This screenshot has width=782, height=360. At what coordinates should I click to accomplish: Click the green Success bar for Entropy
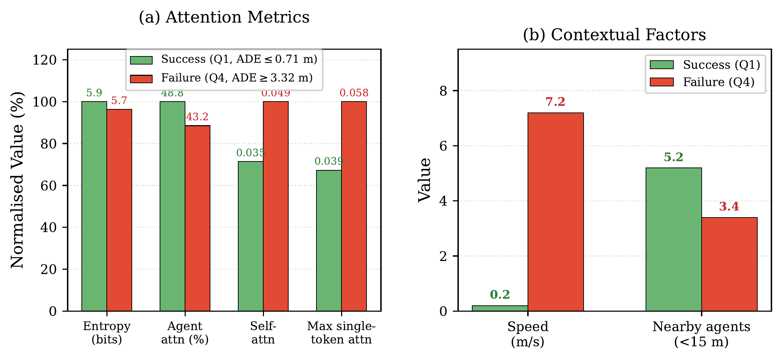(94, 206)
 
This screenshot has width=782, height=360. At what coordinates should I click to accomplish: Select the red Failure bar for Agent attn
(197, 218)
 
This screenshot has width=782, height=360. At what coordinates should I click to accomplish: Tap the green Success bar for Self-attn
(251, 236)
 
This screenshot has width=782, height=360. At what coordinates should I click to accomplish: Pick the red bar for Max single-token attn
(354, 206)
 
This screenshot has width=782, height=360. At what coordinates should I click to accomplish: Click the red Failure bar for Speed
(555, 212)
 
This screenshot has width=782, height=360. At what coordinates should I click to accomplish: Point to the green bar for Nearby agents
(673, 239)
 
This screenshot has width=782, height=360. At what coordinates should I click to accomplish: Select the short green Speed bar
(500, 308)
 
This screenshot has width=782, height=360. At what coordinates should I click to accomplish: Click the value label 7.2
(555, 102)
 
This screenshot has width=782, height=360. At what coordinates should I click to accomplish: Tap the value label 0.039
(329, 161)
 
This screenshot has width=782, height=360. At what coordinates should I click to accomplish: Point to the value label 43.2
(197, 117)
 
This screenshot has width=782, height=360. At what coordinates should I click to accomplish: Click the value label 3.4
(729, 206)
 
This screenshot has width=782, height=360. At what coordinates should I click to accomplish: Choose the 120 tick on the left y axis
(44, 60)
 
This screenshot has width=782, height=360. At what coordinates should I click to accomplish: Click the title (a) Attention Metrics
(224, 17)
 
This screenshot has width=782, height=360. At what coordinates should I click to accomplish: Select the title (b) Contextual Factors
(614, 35)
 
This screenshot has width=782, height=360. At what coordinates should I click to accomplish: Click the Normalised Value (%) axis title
(17, 180)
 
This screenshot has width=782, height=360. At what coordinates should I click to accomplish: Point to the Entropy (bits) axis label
(107, 332)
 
